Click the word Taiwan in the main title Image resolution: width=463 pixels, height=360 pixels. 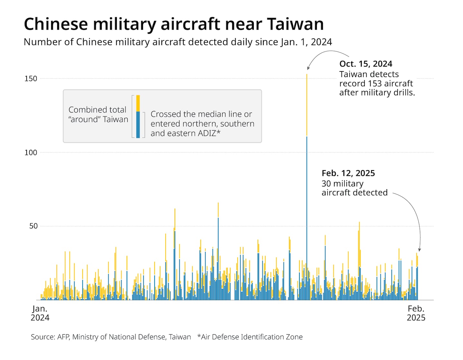pos(295,24)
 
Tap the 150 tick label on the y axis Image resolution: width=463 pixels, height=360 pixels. pos(31,79)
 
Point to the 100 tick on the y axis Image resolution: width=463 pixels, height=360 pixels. pos(31,152)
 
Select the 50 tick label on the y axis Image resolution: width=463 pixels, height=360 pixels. pos(33,226)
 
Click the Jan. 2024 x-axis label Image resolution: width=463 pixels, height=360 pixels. pos(40,313)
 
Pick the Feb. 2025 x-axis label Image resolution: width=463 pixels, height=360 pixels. pos(416,313)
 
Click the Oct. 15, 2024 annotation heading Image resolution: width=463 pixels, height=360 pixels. pos(366,64)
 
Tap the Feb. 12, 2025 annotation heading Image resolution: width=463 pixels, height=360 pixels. pos(348,173)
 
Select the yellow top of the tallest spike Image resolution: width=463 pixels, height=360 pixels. pos(307,103)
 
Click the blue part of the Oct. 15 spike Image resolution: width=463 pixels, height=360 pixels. pos(307,219)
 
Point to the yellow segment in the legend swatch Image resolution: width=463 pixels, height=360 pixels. pos(138,103)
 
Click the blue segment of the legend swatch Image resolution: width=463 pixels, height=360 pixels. pos(138,125)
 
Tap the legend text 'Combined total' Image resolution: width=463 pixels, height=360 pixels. pos(97,110)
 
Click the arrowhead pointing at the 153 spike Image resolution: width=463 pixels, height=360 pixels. pos(308,68)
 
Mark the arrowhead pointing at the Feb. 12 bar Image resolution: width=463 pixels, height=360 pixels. pos(419,250)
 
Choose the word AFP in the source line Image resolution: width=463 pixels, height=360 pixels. pos(63,337)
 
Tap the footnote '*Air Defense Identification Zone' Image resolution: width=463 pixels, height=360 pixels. pos(250,337)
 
